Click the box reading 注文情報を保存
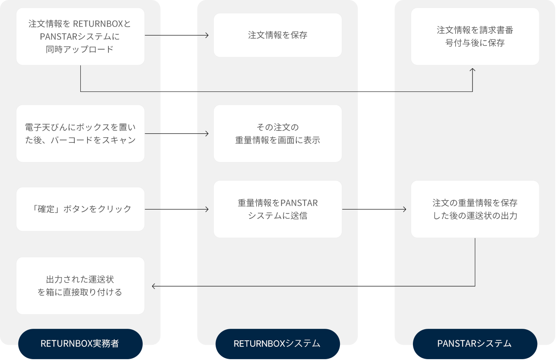(278, 35)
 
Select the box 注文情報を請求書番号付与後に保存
(475, 36)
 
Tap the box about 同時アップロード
(80, 36)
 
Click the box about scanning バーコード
(80, 133)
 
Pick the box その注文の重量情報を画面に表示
(278, 133)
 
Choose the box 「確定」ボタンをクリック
(80, 209)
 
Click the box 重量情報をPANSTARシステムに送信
(278, 209)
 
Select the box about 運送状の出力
(475, 209)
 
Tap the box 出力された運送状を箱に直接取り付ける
(80, 286)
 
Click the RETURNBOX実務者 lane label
(80, 343)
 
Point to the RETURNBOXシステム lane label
(278, 343)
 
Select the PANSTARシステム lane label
(475, 343)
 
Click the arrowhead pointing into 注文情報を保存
(207, 35)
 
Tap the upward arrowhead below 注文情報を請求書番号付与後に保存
(472, 70)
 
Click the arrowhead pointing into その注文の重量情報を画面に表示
(207, 133)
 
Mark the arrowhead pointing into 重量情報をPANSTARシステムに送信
(207, 209)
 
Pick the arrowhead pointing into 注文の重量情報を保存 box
(404, 209)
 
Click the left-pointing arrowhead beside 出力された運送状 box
(154, 286)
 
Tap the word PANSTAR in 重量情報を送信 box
(299, 203)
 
